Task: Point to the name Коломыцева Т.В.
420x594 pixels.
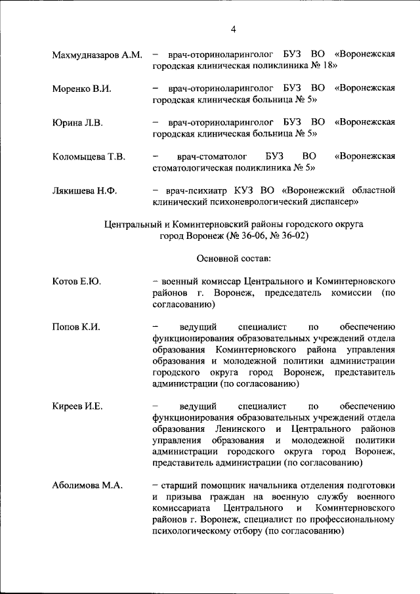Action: pos(89,157)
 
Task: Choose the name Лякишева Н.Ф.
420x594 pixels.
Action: pos(85,191)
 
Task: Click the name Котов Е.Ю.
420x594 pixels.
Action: pos(76,282)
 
